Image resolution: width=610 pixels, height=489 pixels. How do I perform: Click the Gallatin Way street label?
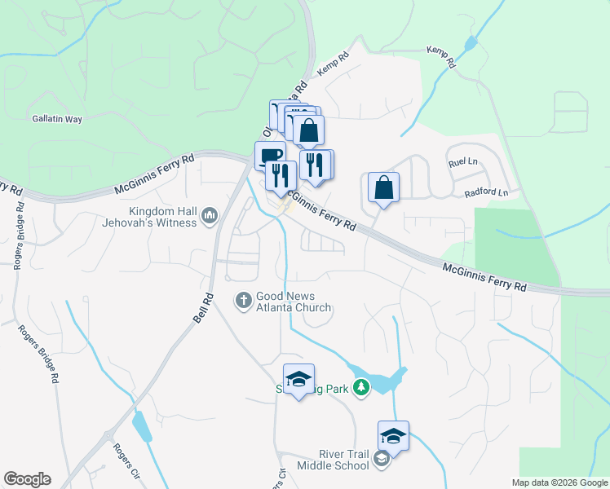[x=57, y=119]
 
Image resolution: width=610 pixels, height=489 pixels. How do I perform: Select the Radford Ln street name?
[x=486, y=193]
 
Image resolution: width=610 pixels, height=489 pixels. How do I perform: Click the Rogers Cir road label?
[x=124, y=460]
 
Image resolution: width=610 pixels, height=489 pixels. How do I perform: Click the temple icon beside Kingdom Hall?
[x=210, y=215]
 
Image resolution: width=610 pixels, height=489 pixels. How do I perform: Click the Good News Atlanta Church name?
[x=294, y=302]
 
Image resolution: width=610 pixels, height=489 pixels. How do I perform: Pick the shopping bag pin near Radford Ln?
[x=383, y=188]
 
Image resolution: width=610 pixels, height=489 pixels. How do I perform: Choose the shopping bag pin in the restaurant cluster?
[x=309, y=130]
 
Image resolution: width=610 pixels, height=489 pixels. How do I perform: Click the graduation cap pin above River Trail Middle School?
[x=393, y=436]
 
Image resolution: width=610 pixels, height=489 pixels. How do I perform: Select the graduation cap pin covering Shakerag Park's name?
[x=298, y=379]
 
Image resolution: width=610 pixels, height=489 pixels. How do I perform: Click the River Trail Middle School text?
[x=332, y=460]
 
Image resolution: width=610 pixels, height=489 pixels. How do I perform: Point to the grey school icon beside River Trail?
[x=381, y=460]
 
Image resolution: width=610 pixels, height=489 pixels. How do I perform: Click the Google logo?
[x=27, y=479]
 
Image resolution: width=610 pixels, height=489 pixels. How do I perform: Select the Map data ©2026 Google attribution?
[x=559, y=482]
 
